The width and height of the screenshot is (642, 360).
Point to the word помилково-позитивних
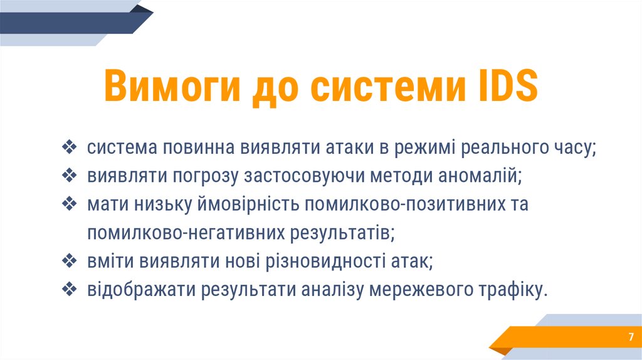click(408, 205)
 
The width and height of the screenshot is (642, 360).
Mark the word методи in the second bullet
click(399, 177)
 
